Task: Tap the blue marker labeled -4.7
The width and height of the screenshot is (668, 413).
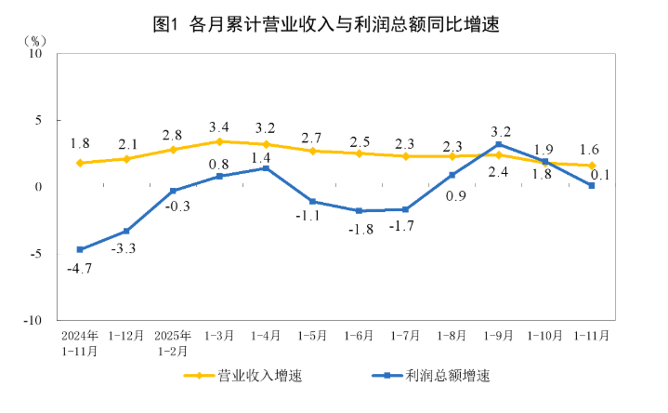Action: point(80,249)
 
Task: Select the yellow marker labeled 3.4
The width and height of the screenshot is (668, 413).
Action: point(219,141)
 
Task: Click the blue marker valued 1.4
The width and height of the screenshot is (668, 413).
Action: point(266,168)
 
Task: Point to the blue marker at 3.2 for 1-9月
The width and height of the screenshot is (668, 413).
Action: point(499,144)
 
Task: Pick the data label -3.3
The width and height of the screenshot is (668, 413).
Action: point(126,248)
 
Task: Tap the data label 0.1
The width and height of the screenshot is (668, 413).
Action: point(599,174)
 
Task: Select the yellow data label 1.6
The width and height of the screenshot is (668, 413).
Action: point(588,149)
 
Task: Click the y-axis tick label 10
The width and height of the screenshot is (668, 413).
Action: point(37,54)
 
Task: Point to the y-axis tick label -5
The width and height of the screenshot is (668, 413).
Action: point(38,253)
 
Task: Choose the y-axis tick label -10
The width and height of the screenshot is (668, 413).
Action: point(34,319)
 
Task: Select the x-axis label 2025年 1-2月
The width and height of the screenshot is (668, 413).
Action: point(173,342)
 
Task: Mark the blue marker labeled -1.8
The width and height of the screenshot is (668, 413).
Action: point(359,211)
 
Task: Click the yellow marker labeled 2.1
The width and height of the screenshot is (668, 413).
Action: point(126,159)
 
